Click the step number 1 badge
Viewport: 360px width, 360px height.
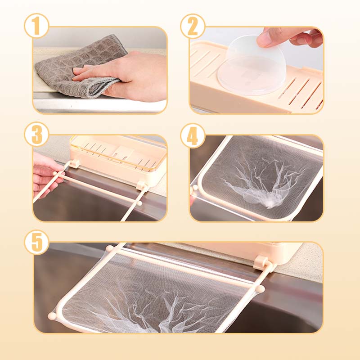coord(37,26)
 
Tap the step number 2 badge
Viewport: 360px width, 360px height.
coord(193,26)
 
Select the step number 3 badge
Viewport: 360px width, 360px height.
coord(37,134)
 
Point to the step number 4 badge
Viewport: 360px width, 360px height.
coord(193,135)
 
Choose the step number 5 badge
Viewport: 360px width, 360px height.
coord(37,243)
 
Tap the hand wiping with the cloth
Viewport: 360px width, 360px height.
coord(124,76)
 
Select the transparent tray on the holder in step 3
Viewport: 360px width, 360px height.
coord(118,152)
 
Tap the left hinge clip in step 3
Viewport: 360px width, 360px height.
coord(74,164)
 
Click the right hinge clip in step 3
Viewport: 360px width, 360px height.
coord(142,185)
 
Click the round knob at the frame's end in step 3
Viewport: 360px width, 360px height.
coord(139,203)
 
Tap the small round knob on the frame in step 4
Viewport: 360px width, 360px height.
coord(195,188)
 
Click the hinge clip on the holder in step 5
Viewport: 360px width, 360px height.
coord(261,263)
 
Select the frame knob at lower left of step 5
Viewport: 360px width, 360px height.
coord(52,316)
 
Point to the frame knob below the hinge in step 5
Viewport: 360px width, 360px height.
coord(260,288)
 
